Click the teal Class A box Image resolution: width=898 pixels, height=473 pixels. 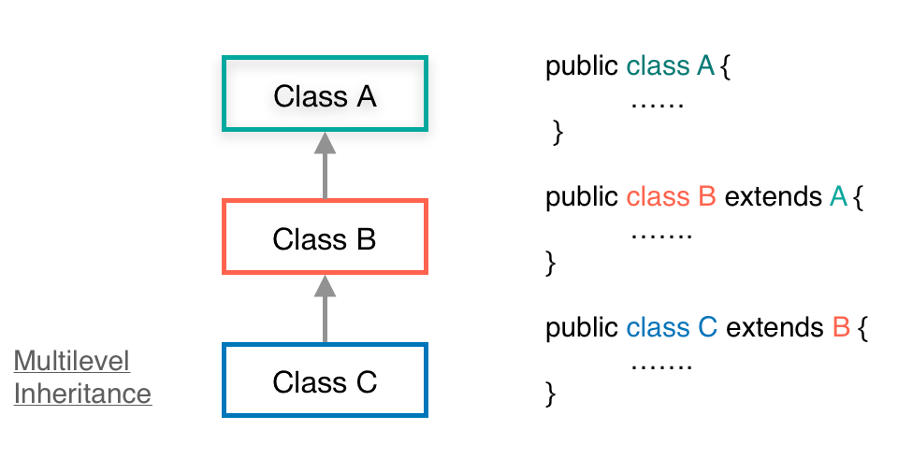click(x=325, y=94)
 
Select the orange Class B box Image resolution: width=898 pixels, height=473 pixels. click(x=325, y=237)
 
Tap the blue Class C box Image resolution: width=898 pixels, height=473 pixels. click(x=325, y=380)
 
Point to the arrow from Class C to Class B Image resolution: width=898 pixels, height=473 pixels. click(x=325, y=308)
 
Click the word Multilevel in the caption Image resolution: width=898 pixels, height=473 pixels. click(x=72, y=362)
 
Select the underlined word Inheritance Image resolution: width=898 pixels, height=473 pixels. click(x=82, y=394)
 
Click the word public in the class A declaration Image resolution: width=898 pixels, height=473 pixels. click(x=582, y=67)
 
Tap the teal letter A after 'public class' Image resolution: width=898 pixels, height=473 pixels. click(x=705, y=66)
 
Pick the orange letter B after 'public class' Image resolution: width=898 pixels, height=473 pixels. click(x=706, y=197)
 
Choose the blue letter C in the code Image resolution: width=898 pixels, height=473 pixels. click(x=707, y=328)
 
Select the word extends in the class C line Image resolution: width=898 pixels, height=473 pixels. click(x=774, y=328)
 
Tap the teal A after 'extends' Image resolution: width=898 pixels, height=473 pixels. click(x=839, y=197)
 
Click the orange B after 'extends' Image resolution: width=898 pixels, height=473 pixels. click(x=841, y=328)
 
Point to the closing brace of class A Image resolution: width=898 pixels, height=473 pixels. click(x=558, y=133)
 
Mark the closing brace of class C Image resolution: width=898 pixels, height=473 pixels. click(x=551, y=394)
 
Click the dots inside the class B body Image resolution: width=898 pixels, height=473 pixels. click(x=661, y=232)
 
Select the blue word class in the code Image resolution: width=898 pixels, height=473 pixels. click(x=658, y=328)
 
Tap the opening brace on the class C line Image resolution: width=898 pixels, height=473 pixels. click(x=863, y=329)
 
